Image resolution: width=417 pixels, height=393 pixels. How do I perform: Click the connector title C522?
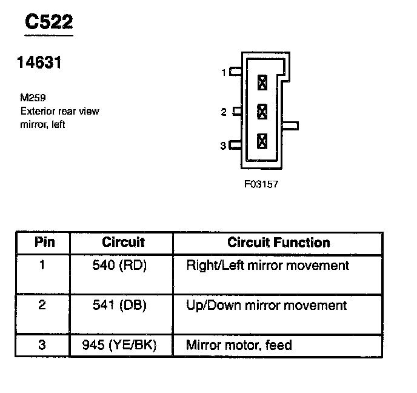[48, 22]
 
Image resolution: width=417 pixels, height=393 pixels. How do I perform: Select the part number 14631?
[41, 62]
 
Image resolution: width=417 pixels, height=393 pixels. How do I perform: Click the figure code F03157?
[261, 183]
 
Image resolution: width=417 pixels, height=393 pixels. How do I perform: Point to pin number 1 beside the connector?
[224, 73]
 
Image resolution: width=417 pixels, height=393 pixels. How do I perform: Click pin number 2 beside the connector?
[224, 112]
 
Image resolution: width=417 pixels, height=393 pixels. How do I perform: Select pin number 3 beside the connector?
[223, 146]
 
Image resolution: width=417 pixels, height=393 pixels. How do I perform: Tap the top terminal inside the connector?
[262, 82]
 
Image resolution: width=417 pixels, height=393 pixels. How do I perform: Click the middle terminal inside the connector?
[262, 112]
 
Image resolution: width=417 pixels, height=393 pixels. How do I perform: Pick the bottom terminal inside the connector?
[262, 141]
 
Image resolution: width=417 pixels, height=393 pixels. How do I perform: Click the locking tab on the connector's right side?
[291, 126]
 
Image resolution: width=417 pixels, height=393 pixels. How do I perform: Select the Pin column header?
[44, 243]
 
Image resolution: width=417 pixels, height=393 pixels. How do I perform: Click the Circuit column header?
[123, 243]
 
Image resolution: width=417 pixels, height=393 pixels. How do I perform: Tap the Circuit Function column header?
[279, 243]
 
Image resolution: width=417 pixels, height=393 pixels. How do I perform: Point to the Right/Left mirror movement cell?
[267, 266]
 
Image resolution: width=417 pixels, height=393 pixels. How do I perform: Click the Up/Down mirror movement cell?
[267, 305]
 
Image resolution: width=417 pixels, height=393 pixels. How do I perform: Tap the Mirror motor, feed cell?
[239, 346]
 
